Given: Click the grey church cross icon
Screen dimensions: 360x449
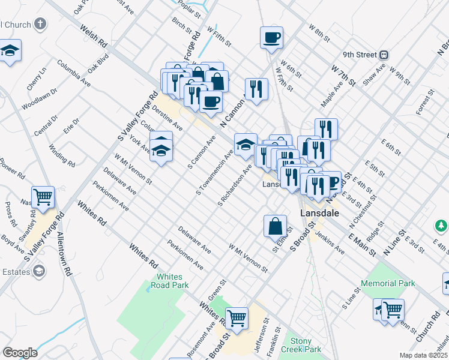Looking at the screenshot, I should (40, 25).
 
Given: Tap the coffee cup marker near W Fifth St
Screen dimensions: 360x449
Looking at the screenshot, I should (271, 38).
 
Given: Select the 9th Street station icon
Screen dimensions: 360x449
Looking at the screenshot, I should (383, 55).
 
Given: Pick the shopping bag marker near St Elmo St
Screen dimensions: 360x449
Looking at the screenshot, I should (275, 226).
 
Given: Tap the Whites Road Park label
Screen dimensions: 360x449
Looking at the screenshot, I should (173, 281).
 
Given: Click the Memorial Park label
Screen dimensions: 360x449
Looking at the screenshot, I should (388, 283).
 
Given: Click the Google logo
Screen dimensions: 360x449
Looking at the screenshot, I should (20, 352).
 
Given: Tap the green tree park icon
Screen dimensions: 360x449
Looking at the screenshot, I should (441, 225).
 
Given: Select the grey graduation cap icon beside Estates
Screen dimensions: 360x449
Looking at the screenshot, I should (40, 272).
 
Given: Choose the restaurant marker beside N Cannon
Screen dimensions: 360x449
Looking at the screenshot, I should (256, 89).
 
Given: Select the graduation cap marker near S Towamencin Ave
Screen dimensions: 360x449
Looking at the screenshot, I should (245, 144).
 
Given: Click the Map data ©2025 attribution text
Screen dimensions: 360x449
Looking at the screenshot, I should (424, 355).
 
